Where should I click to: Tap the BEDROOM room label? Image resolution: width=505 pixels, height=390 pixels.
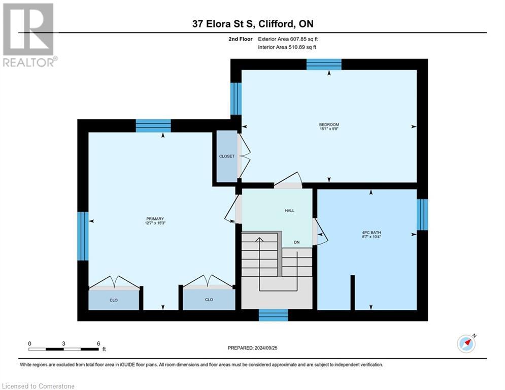[x=329, y=124]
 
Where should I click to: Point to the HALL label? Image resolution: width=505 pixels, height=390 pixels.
[x=289, y=210]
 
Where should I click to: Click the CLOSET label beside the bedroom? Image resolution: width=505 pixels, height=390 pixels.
[x=227, y=156]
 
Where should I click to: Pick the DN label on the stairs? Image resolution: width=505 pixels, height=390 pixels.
[x=297, y=242]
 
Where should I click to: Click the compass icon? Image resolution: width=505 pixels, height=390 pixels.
[x=466, y=344]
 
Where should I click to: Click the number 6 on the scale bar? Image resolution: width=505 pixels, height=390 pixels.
[x=98, y=343]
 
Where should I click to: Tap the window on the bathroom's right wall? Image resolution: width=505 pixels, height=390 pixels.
[x=422, y=215]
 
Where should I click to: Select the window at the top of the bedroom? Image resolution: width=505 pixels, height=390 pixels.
[x=324, y=64]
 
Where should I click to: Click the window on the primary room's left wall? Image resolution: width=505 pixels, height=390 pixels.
[x=83, y=236]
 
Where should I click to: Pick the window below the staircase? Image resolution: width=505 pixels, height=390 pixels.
[x=274, y=315]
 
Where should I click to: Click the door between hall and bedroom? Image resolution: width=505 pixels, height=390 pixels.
[x=288, y=181]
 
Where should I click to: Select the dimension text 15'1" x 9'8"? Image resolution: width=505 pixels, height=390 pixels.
[x=329, y=129]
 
